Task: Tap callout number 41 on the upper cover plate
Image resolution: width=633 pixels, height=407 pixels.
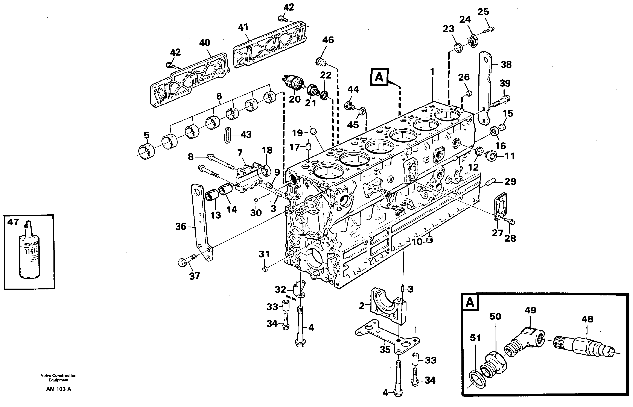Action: pyautogui.click(x=243, y=27)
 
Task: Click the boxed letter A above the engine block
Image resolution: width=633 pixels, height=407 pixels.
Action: pyautogui.click(x=379, y=77)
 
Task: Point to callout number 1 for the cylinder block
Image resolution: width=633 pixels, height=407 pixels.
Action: pyautogui.click(x=432, y=71)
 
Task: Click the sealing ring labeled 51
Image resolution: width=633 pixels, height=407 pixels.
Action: pyautogui.click(x=478, y=380)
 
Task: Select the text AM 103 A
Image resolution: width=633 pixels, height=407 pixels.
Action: pyautogui.click(x=58, y=389)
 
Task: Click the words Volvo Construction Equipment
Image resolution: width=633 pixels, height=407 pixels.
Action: pyautogui.click(x=58, y=378)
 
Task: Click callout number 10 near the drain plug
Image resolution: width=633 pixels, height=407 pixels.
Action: pyautogui.click(x=417, y=242)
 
